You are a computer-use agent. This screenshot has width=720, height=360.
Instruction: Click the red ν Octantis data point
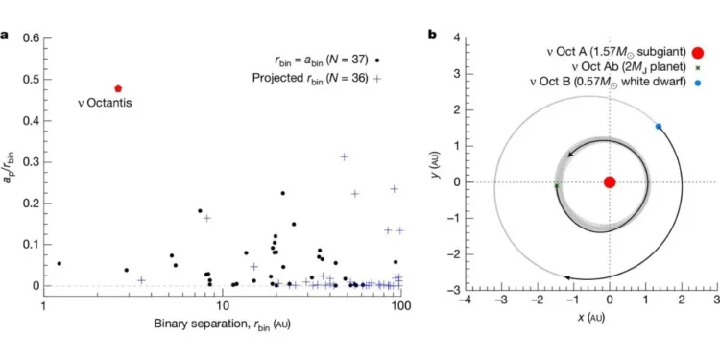pyautogui.click(x=118, y=88)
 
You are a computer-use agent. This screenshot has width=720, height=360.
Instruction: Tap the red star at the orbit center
pyautogui.click(x=609, y=182)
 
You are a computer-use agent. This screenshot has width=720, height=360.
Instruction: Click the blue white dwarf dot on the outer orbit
pyautogui.click(x=659, y=127)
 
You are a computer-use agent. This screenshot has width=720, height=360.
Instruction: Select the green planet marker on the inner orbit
pyautogui.click(x=557, y=186)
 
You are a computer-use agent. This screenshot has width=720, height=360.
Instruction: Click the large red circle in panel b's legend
pyautogui.click(x=697, y=51)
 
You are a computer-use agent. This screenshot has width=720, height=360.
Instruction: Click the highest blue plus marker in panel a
pyautogui.click(x=343, y=156)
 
